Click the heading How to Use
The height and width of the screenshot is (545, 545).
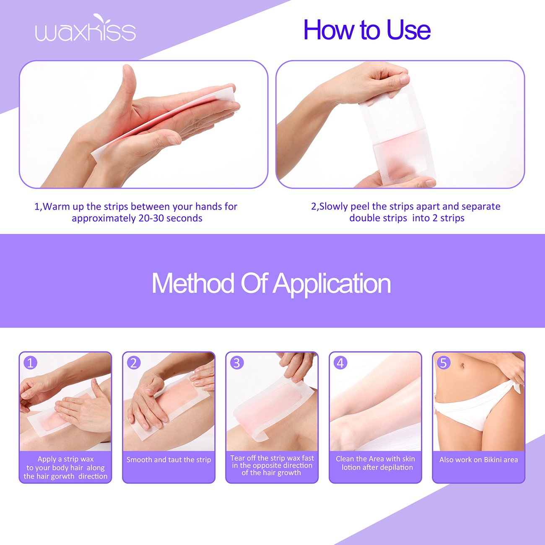pos(367,30)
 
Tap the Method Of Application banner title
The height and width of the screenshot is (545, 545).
pos(271,283)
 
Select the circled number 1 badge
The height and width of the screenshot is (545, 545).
pos(31,363)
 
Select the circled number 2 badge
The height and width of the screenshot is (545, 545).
pos(134,363)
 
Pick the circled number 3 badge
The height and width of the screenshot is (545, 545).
pos(237,363)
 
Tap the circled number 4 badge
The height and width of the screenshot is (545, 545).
pos(340,363)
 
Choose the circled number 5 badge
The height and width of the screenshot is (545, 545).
pos(444,363)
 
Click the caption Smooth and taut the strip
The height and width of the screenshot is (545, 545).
pos(169,459)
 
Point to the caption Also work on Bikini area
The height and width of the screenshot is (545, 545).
pos(478,459)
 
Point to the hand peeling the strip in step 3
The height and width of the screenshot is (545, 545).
pos(298,365)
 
